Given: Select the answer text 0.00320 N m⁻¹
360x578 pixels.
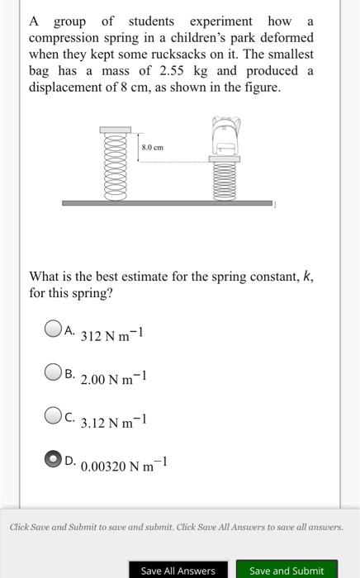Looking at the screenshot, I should pos(121,464).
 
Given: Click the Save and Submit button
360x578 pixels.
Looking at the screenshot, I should pos(286,570).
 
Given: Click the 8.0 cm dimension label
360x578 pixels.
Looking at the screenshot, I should pos(153,147).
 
